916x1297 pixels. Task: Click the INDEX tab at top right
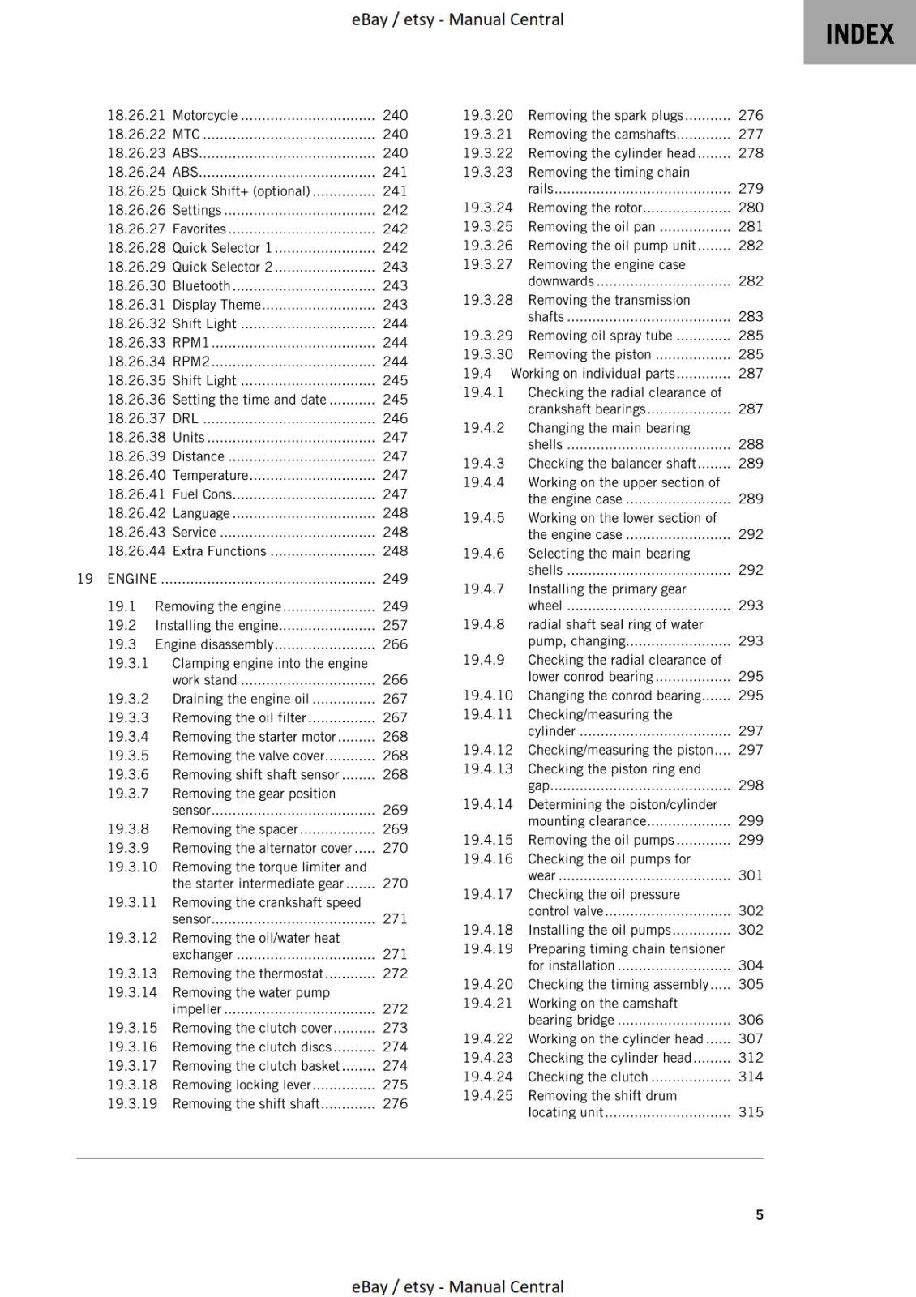click(x=859, y=33)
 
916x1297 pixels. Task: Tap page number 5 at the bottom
click(x=759, y=1214)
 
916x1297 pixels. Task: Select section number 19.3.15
click(x=132, y=1028)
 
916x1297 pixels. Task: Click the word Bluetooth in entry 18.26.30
click(x=201, y=286)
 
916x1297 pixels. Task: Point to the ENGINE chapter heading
click(x=132, y=579)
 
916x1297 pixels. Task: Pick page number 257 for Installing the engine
click(x=395, y=625)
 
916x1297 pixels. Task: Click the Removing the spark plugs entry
click(x=605, y=116)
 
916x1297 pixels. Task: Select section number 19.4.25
click(x=488, y=1096)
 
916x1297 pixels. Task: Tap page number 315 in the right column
click(x=751, y=1112)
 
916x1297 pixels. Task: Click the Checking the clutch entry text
click(x=588, y=1077)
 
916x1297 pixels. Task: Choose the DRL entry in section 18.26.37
click(x=185, y=418)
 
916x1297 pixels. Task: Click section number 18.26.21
click(x=136, y=116)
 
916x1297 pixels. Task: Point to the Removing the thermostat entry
click(x=247, y=974)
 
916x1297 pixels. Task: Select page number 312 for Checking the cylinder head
click(x=751, y=1058)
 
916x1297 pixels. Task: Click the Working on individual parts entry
click(x=592, y=374)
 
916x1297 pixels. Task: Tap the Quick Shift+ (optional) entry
click(x=241, y=191)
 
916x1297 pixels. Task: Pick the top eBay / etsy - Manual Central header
click(x=457, y=19)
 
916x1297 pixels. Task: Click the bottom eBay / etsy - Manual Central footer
click(x=457, y=1286)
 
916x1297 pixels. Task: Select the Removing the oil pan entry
click(x=591, y=227)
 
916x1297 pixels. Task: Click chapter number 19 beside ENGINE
click(x=85, y=579)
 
